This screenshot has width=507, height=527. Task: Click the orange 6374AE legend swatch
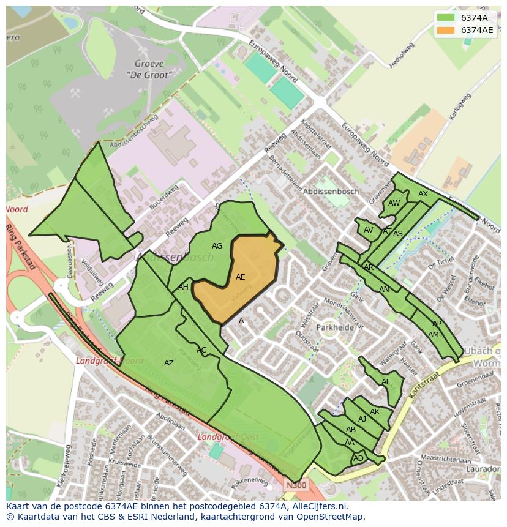tap(446, 30)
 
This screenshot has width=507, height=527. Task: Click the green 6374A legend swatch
tap(446, 18)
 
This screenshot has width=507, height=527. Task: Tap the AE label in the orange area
tap(240, 277)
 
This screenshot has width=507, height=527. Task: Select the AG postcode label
tap(217, 246)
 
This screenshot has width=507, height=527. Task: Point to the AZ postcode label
tap(169, 363)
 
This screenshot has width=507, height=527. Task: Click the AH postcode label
tap(183, 287)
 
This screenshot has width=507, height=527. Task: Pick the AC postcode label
tap(201, 350)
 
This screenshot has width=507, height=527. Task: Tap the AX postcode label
tap(423, 194)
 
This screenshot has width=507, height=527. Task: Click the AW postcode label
tap(394, 203)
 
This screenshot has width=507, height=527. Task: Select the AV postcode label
tap(368, 230)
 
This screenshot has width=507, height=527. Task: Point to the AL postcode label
tap(386, 382)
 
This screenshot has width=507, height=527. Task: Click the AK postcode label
tap(375, 412)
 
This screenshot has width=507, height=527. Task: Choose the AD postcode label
tap(358, 458)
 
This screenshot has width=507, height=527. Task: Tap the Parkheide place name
tap(336, 327)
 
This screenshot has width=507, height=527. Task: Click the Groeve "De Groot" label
tap(149, 69)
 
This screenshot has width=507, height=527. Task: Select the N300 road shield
tap(296, 485)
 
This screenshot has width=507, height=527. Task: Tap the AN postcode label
tap(384, 290)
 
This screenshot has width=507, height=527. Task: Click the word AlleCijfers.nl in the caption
tap(318, 506)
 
